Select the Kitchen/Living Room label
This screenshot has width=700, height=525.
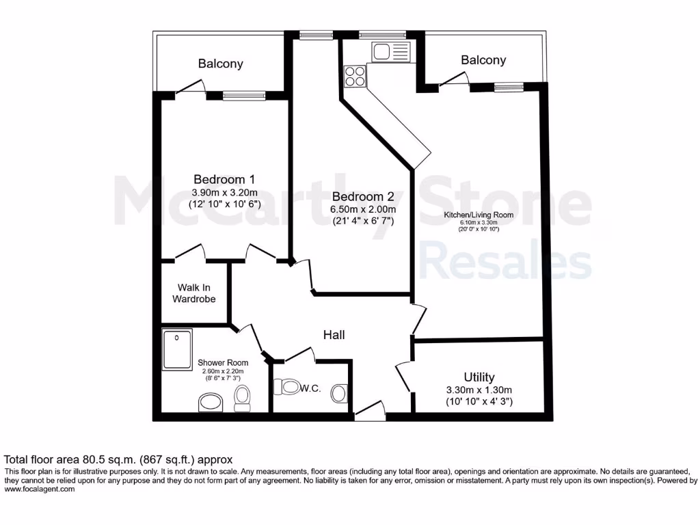479,215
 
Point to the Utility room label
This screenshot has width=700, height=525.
479,377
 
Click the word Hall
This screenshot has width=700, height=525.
334,335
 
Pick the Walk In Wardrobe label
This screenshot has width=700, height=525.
193,293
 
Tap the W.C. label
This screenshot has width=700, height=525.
311,388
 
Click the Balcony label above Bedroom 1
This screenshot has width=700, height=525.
220,64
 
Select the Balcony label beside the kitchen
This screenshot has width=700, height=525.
483,60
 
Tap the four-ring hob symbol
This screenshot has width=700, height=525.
355,75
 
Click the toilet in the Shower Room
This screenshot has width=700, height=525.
243,398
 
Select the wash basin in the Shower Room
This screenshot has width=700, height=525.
211,403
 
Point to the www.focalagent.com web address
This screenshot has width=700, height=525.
39,489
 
